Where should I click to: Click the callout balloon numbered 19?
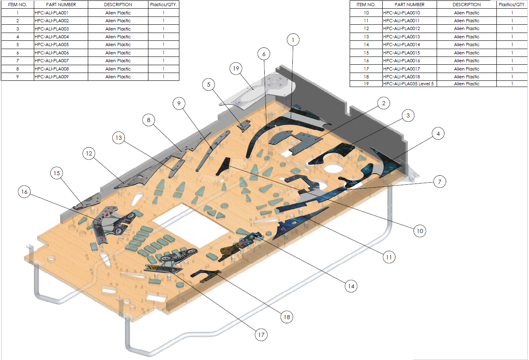coord(236,68)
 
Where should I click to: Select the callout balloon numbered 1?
coord(293,40)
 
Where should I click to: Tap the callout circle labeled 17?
coord(261,335)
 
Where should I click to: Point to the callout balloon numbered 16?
coord(24,192)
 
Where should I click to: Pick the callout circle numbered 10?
coord(420,231)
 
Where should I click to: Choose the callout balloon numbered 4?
coord(438,134)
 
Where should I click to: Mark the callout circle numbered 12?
coord(89,153)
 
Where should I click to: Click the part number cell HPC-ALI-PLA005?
coord(52,45)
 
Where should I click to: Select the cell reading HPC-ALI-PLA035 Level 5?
coord(408,84)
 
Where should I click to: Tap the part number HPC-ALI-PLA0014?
coord(402,45)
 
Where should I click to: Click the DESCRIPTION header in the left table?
coord(118,5)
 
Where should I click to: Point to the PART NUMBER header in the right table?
coord(409,5)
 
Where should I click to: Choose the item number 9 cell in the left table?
coord(17,77)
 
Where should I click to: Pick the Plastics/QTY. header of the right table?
coord(512,5)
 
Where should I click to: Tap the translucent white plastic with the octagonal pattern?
coord(257,92)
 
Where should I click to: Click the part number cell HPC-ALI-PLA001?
coord(52,13)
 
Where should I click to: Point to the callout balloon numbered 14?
coord(351,286)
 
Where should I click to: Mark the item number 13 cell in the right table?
coord(366,37)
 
